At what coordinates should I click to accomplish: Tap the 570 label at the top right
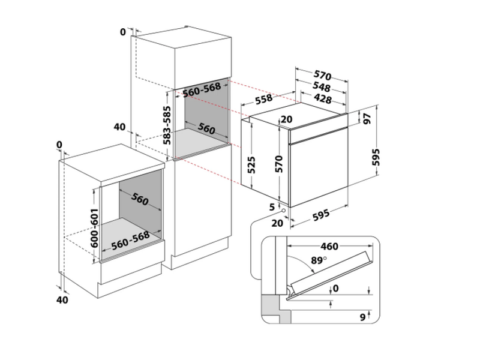point(323,76)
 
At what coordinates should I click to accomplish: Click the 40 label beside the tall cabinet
point(119,127)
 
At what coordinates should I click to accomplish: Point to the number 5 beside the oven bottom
point(272,207)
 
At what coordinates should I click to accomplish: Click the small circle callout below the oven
point(283,211)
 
